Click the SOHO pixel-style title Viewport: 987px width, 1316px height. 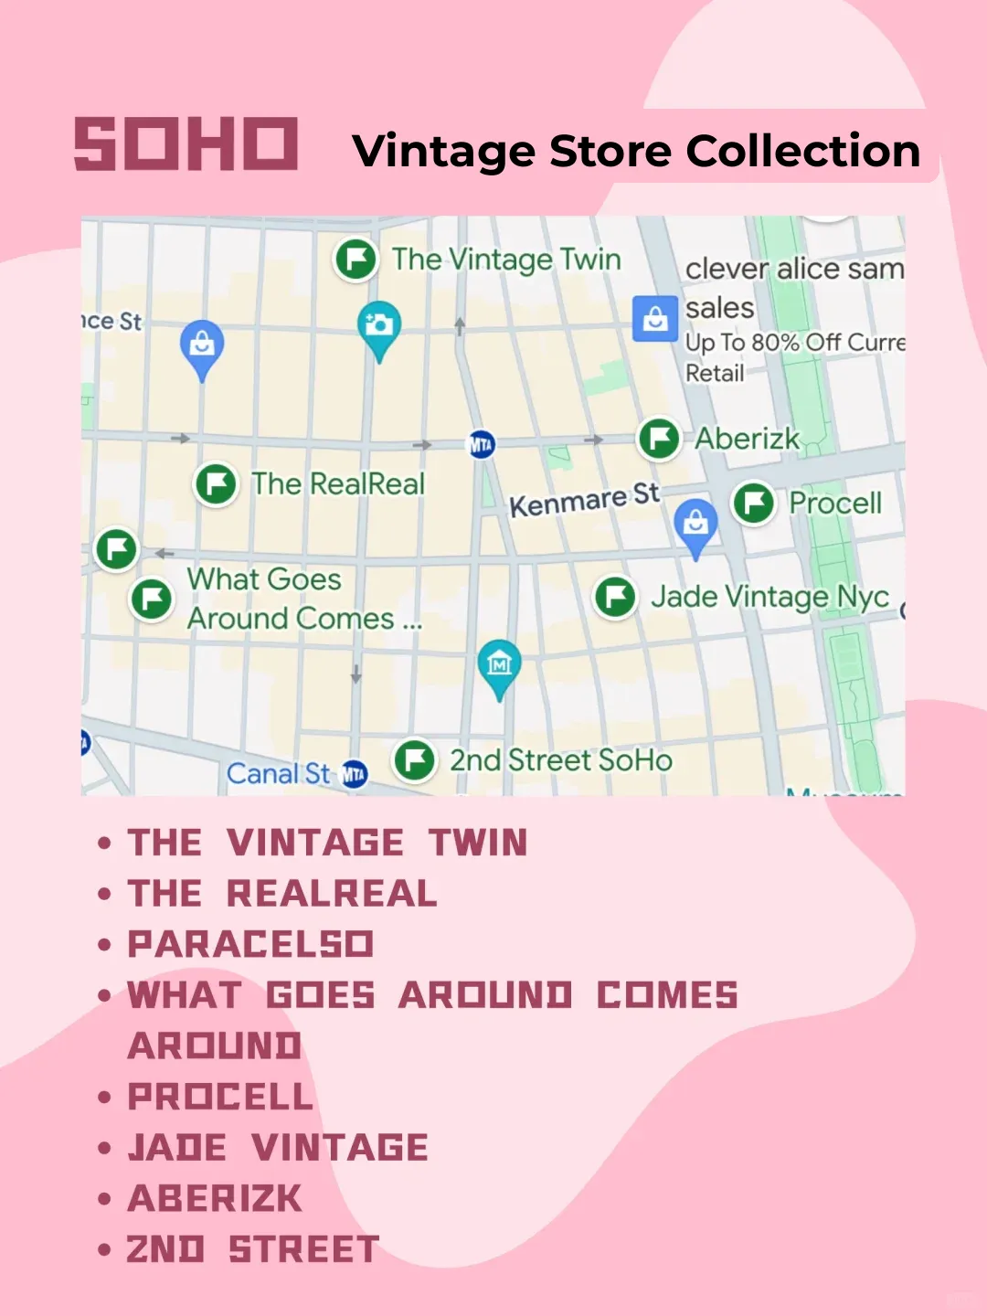pos(186,143)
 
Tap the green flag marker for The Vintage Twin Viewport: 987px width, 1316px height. pos(356,260)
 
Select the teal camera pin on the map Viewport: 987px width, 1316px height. pos(378,326)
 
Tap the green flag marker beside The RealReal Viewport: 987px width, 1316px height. pos(217,483)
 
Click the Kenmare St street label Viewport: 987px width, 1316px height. pos(583,500)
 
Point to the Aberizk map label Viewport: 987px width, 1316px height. pos(747,439)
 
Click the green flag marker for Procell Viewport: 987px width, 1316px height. pos(754,503)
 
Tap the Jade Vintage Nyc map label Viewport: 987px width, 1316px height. pos(769,597)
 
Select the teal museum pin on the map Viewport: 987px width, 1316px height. pos(499,664)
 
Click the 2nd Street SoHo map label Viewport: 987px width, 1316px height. pos(560,760)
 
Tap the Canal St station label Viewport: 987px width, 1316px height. pos(278,774)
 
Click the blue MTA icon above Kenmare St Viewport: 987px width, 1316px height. pos(481,445)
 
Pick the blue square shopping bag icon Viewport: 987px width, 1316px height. pos(654,319)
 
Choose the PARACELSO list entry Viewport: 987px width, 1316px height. pos(250,944)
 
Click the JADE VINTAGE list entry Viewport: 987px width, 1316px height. pos(278,1148)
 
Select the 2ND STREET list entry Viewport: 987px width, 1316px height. pos(252,1249)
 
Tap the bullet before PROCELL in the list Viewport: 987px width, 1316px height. pos(105,1098)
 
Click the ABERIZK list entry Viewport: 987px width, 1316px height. pos(215,1199)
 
